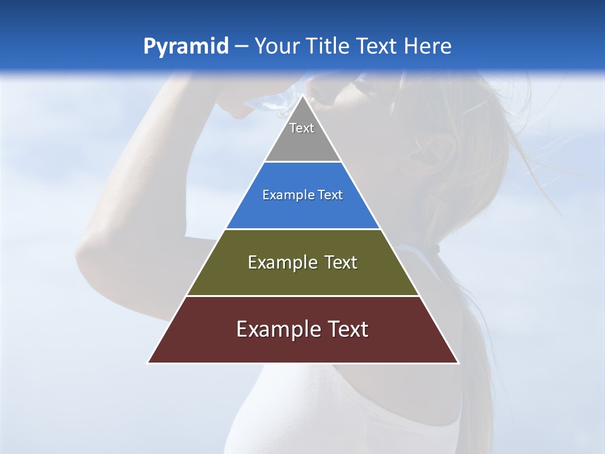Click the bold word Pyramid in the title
tap(185, 47)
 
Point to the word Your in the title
tap(275, 47)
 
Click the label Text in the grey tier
tap(302, 128)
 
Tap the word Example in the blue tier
tap(283, 195)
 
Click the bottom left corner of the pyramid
tap(149, 363)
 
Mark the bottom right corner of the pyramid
tap(458, 363)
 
